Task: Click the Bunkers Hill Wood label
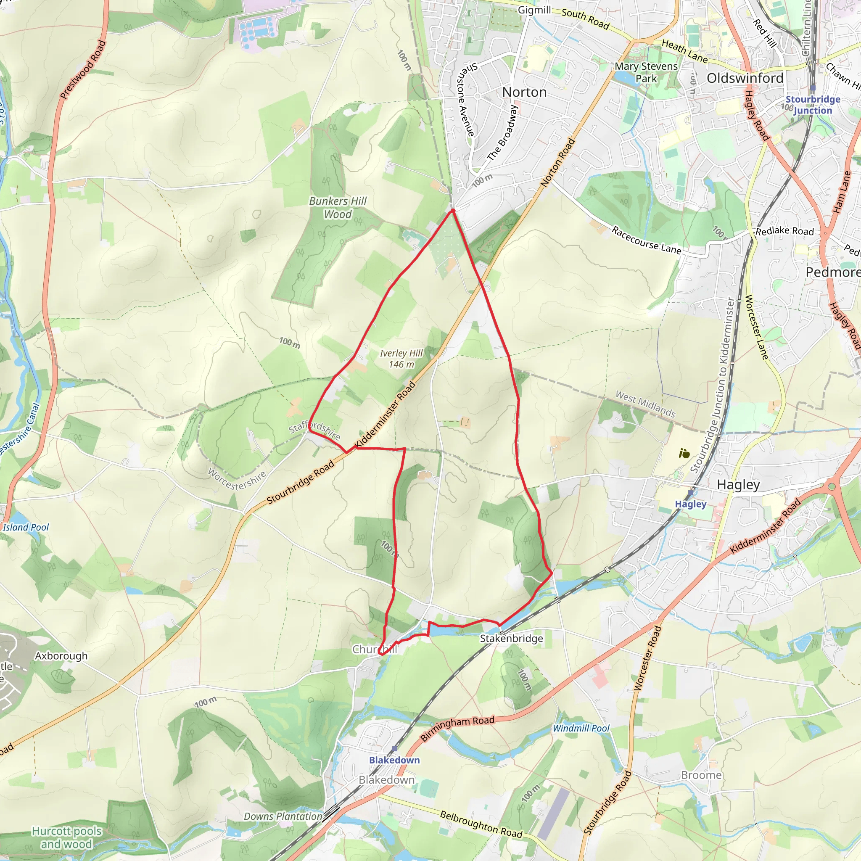point(338,208)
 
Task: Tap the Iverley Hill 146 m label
point(401,359)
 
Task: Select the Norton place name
point(524,92)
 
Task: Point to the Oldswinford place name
point(745,78)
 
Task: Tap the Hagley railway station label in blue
point(690,504)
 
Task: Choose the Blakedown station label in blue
point(394,760)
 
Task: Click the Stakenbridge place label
point(511,639)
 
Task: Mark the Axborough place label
point(61,656)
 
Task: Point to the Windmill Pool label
point(581,728)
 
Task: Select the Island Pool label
point(26,527)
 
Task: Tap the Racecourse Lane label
point(646,240)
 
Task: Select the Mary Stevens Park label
point(646,72)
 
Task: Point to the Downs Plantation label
point(283,816)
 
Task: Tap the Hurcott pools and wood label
point(67,837)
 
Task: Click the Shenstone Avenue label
point(466,99)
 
